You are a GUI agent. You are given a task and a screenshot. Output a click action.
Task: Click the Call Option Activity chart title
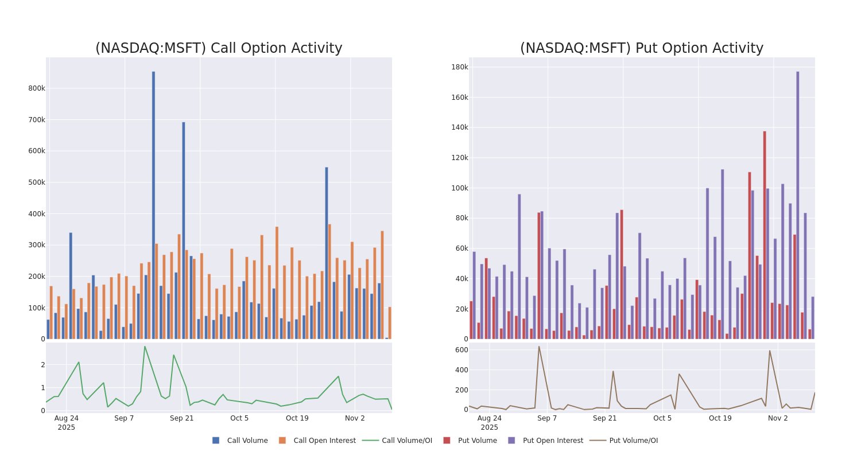[219, 49]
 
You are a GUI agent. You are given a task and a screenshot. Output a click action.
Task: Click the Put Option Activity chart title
[641, 49]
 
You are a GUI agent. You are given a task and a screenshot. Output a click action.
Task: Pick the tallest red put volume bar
[765, 235]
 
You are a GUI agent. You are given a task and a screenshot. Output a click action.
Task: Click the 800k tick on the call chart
[36, 88]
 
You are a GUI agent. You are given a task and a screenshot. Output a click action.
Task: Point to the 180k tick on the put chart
[459, 67]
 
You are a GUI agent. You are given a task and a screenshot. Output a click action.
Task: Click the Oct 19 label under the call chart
[297, 418]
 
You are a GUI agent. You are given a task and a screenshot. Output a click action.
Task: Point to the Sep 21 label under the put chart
[604, 418]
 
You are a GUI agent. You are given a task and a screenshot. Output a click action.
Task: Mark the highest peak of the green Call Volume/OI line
[145, 347]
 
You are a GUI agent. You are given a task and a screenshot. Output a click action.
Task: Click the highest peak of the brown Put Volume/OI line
[538, 347]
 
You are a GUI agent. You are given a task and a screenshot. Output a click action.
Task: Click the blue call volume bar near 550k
[327, 253]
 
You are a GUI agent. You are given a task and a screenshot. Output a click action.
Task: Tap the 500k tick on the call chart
[36, 182]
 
